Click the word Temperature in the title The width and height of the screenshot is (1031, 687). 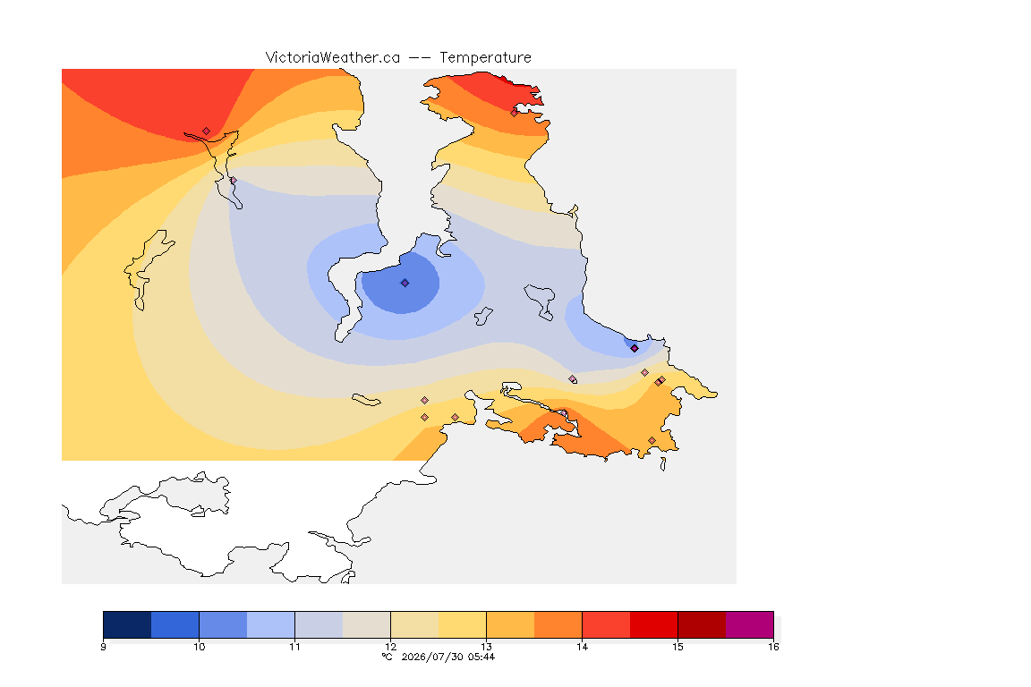coord(485,58)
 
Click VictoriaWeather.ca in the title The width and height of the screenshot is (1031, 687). coord(333,58)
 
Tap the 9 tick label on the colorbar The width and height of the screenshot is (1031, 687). coord(103,647)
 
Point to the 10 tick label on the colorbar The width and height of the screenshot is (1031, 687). coord(200,647)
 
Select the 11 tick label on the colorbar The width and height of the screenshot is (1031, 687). coord(294,647)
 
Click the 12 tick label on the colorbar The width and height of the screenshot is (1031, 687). coord(390,647)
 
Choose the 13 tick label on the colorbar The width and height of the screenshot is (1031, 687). coord(487,647)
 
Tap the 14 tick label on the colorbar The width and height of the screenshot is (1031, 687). coord(582,647)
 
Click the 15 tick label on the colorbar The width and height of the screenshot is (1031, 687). coord(677,647)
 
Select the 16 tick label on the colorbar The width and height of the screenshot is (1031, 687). coord(773,647)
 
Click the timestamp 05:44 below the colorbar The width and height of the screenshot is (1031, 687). coord(481,657)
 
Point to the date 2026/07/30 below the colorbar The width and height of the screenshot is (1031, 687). coord(432,657)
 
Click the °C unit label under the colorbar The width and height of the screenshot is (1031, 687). coord(388,657)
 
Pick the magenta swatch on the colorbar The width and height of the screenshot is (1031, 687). coord(750,624)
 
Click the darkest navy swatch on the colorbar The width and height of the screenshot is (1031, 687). coord(127,624)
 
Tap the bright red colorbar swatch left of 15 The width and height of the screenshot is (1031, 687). coord(653,624)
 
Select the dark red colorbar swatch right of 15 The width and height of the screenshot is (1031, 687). coord(702,624)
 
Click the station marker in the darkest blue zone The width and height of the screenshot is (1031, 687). coord(405,283)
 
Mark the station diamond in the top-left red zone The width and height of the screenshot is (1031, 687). coord(207,131)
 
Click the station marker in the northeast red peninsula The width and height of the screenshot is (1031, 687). coord(515,113)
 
